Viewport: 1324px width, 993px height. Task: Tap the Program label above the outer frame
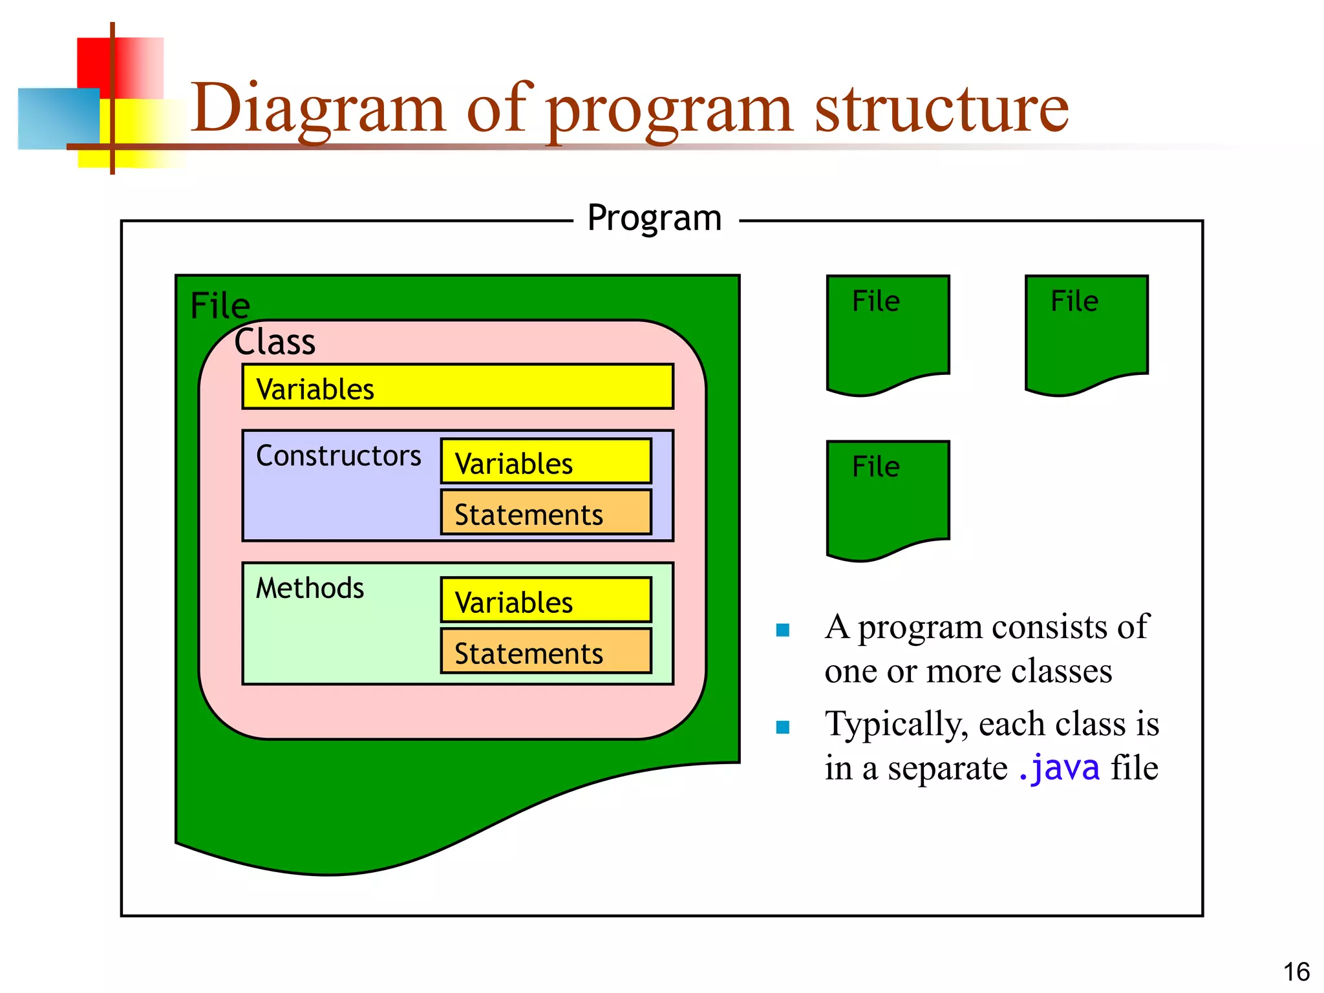654,218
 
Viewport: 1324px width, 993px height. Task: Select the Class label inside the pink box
275,342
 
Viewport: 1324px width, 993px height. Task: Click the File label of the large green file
220,306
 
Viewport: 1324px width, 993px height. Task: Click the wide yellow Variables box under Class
458,387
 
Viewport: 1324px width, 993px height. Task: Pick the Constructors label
338,456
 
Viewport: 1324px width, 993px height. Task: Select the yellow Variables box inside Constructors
546,462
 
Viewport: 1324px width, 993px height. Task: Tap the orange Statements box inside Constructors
546,513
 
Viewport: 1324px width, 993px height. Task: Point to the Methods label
310,588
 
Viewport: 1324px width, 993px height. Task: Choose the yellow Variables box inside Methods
546,600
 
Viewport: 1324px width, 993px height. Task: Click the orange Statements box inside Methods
546,652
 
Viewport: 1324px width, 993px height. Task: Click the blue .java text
1058,768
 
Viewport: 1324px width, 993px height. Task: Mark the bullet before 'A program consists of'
783,630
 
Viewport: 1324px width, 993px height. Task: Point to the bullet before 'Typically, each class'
783,727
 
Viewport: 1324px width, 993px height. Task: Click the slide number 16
1296,972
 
